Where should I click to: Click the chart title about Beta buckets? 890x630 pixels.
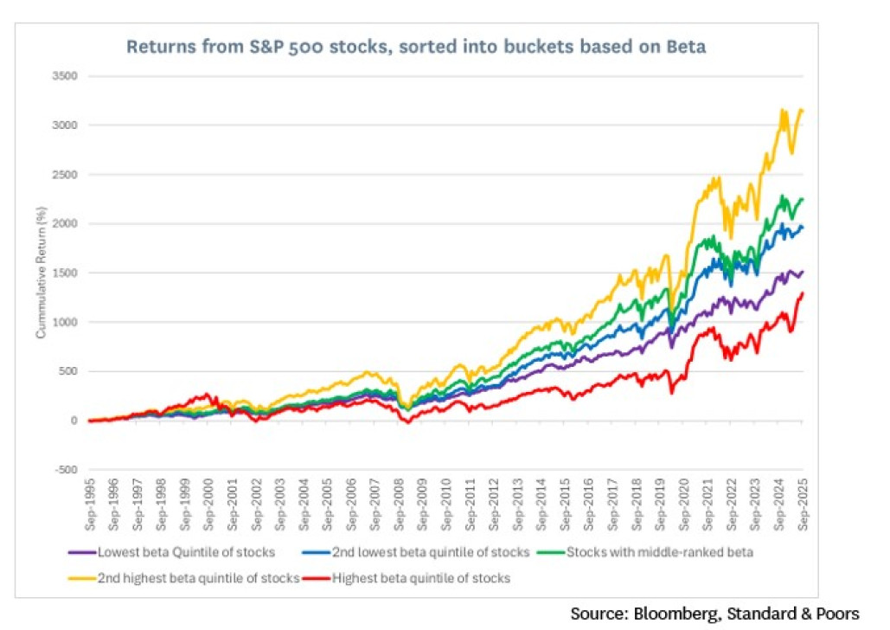416,47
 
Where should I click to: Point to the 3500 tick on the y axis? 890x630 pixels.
66,76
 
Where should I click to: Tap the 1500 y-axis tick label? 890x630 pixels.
66,273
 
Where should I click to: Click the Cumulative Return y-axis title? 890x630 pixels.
41,273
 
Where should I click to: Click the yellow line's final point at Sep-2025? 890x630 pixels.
803,110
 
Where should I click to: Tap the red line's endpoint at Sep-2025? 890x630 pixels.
803,293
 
